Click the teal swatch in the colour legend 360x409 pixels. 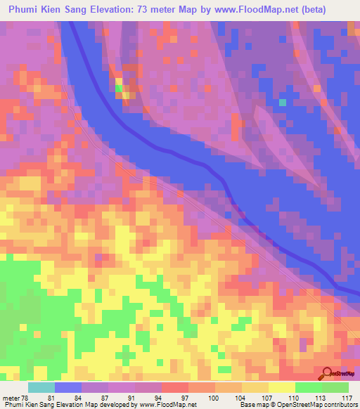(x=41, y=387)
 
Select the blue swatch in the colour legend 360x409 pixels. (x=68, y=387)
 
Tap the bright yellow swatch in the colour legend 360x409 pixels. (x=282, y=387)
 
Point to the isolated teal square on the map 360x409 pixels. (x=283, y=103)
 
